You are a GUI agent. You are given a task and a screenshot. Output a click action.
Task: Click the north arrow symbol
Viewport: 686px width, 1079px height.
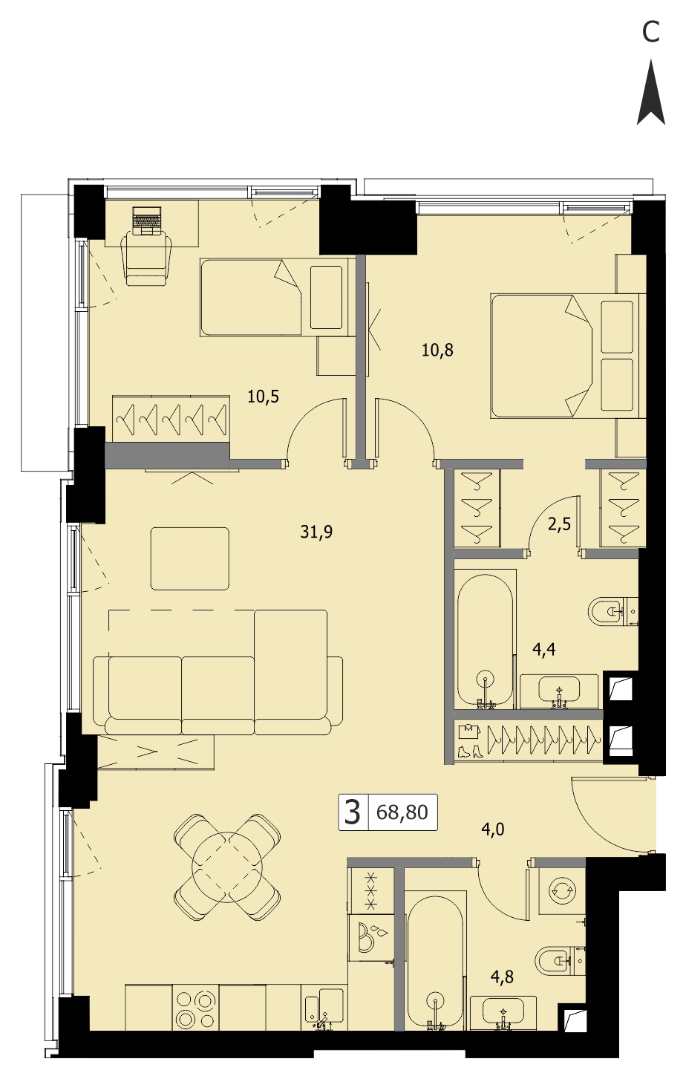point(651,93)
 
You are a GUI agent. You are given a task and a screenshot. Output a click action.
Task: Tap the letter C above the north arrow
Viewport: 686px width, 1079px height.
point(651,33)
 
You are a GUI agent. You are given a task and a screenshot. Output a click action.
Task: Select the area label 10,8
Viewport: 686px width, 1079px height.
point(437,351)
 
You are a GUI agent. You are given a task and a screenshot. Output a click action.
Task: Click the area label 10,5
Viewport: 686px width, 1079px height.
point(263,397)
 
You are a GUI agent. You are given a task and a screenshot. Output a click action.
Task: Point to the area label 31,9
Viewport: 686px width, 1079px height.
point(316,532)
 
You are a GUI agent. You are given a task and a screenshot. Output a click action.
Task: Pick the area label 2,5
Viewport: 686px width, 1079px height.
point(559,524)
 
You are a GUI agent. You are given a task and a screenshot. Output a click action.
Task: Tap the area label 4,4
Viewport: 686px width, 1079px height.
point(544,650)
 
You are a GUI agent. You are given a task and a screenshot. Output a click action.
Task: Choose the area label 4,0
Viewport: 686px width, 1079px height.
point(493,829)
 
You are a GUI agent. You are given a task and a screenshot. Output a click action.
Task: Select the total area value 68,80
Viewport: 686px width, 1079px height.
point(402,812)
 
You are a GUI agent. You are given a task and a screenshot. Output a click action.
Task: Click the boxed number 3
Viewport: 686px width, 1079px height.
point(353,812)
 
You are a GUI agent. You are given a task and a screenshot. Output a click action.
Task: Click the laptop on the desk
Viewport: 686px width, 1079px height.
point(146,220)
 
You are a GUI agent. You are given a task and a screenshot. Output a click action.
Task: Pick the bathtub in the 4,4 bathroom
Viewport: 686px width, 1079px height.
point(484,640)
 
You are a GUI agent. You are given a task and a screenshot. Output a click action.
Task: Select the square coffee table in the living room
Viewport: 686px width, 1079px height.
point(190,558)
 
